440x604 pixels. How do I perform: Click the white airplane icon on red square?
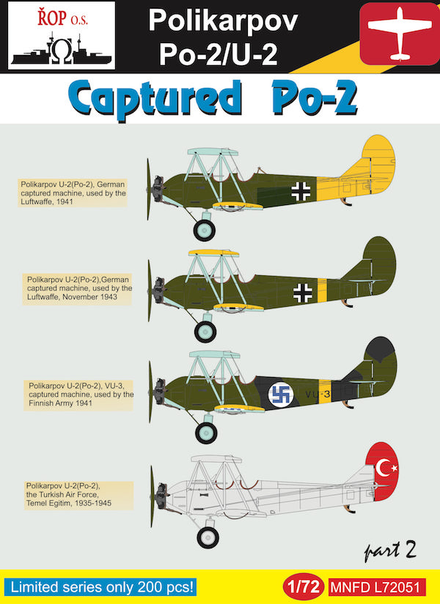[399, 34]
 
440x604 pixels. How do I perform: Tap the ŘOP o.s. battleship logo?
[62, 35]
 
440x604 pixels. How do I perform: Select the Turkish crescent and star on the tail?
[386, 469]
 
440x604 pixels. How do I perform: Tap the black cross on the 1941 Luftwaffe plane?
[301, 191]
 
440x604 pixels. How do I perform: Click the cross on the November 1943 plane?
[303, 293]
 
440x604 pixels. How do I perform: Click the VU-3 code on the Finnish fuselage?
[318, 394]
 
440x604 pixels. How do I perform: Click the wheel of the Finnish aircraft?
[206, 433]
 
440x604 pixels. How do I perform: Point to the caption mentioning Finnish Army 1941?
[78, 394]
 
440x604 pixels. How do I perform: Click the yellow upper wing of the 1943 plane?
[213, 253]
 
